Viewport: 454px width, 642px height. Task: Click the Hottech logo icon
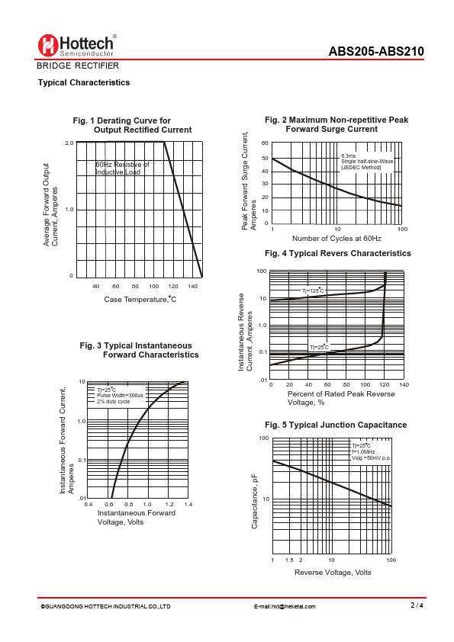click(x=47, y=45)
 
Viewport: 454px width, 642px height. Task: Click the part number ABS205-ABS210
click(x=376, y=51)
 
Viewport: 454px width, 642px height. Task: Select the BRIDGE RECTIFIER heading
click(x=78, y=66)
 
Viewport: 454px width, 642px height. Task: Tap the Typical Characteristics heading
click(x=84, y=82)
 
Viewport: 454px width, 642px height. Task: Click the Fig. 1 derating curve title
click(x=132, y=125)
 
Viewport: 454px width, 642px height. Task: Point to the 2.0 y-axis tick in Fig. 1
click(x=69, y=143)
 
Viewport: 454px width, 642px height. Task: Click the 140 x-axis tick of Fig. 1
click(x=192, y=286)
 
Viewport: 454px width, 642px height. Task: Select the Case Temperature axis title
click(x=140, y=300)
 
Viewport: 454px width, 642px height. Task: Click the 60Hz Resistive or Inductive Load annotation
click(x=122, y=169)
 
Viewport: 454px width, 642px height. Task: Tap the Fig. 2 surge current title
click(x=336, y=124)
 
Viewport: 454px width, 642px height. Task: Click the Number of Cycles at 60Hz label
click(x=336, y=239)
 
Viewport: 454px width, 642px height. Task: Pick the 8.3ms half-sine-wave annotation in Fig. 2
click(x=367, y=162)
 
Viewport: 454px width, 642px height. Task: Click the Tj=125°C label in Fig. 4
click(x=313, y=291)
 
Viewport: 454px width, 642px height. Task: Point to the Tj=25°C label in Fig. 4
click(x=319, y=347)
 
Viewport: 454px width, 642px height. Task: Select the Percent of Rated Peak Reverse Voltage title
click(x=341, y=398)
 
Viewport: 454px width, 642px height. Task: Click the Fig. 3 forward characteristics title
click(x=140, y=350)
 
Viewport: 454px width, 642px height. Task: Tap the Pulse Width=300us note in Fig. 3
click(x=120, y=396)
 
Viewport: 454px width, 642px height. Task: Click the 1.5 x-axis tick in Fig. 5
click(x=289, y=560)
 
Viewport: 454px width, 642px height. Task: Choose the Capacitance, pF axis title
click(x=254, y=501)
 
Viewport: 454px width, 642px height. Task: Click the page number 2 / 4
click(x=417, y=605)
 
